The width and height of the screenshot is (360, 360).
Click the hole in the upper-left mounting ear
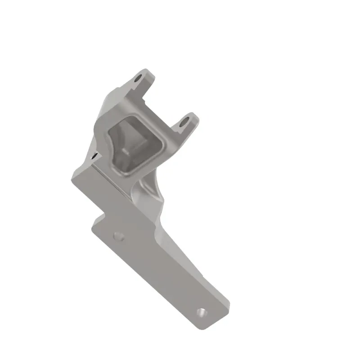(139, 80)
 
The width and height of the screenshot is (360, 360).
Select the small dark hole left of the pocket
(94, 156)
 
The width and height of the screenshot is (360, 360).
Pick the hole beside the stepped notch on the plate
(118, 236)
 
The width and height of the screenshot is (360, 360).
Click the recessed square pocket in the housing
(135, 142)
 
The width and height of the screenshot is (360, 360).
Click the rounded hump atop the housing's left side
(110, 97)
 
